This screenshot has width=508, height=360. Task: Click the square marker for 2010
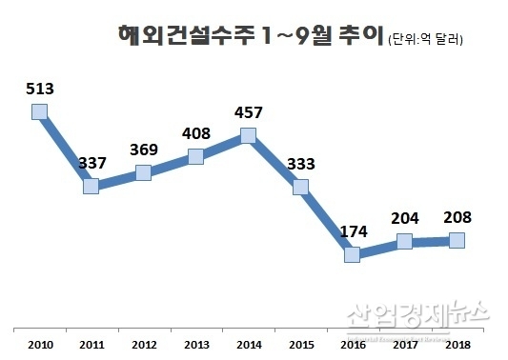pos(39,111)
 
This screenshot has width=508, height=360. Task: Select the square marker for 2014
pos(249,135)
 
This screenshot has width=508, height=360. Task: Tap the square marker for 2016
pos(354,254)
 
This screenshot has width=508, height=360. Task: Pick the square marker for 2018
pos(457,240)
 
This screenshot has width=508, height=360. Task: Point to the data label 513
pos(40,90)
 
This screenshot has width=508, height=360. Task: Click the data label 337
pos(92,163)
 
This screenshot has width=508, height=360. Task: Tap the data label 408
pos(196,133)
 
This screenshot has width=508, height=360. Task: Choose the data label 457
pos(249,113)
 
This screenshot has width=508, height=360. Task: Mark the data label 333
pos(301,164)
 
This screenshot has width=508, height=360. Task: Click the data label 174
pos(353,231)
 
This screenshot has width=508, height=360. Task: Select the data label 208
pos(457,218)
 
